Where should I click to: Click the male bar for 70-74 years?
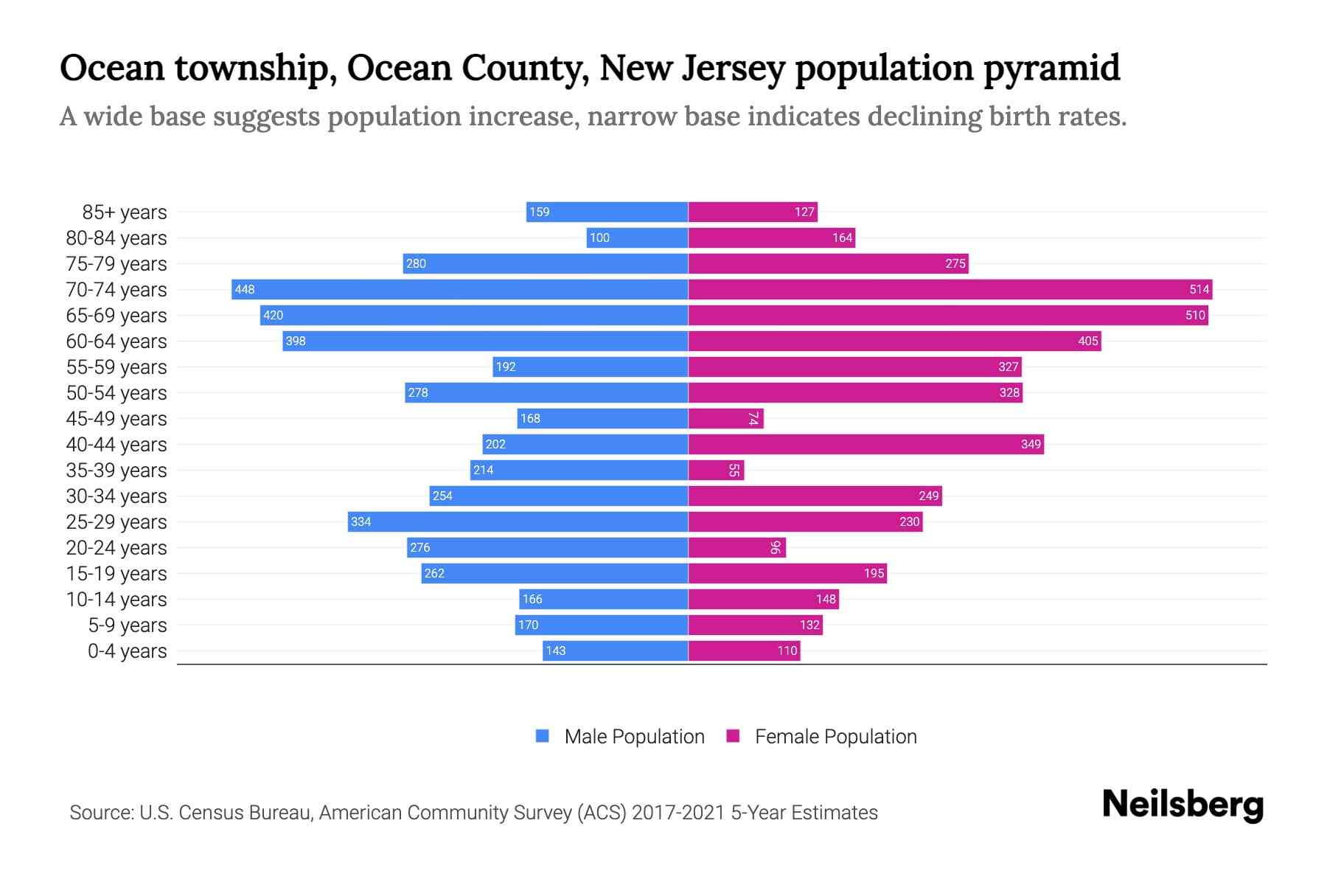point(459,289)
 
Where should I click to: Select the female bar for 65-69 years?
point(947,315)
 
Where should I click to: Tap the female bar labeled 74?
point(725,418)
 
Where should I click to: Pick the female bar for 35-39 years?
point(716,470)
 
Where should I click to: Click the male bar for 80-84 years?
point(637,237)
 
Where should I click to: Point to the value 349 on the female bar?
point(1031,444)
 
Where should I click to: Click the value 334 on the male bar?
point(361,521)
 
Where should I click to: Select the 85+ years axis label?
point(124,212)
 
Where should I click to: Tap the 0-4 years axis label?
point(127,651)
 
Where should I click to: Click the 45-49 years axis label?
point(116,419)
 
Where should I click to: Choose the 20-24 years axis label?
point(116,548)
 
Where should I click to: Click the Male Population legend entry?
point(633,736)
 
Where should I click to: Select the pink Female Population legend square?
point(733,736)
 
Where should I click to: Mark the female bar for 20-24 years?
point(736,547)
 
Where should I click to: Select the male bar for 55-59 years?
point(590,367)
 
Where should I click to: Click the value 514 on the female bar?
point(1199,289)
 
